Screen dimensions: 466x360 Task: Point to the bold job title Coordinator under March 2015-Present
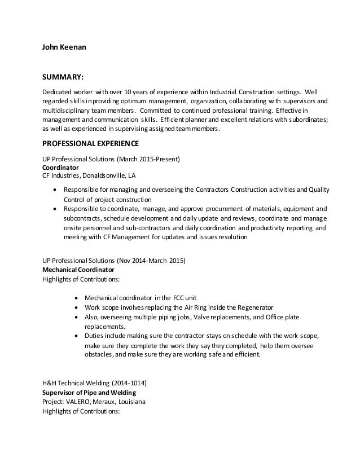[x=62, y=168]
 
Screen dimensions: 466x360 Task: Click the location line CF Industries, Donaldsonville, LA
[x=89, y=175]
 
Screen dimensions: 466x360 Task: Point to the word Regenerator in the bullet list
[x=257, y=307]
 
